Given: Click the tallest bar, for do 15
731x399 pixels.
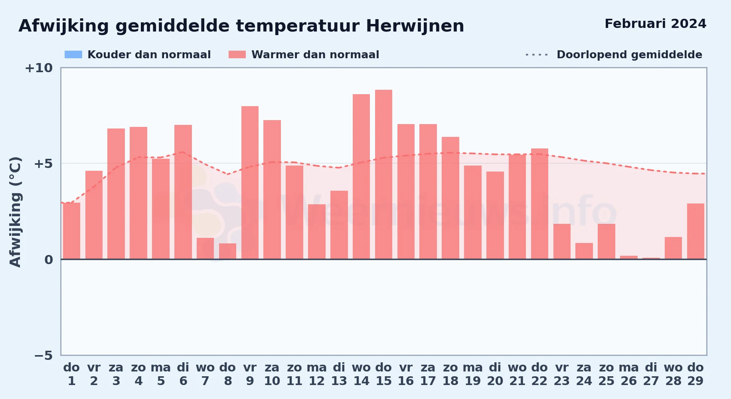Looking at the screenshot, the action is (383, 174).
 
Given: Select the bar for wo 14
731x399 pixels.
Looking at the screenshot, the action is (361, 177).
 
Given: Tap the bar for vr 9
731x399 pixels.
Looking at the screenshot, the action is (250, 183).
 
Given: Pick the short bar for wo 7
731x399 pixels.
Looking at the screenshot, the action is (205, 249).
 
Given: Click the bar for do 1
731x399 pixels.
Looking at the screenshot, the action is (71, 231).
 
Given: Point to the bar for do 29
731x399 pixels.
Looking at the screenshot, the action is (695, 231).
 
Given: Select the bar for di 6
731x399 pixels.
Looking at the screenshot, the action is (183, 192).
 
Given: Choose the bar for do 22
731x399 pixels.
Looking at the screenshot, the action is (539, 204).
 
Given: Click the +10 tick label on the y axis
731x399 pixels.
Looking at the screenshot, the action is (39, 68).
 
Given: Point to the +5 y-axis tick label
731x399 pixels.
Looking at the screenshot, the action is (43, 164).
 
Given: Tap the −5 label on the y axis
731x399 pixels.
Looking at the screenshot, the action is (43, 355).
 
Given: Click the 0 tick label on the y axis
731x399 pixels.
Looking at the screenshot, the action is (49, 260).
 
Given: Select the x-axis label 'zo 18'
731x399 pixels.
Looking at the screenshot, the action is (450, 374).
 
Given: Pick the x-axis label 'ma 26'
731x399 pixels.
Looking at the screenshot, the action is (628, 374).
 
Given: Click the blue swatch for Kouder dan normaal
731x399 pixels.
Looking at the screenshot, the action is (73, 55).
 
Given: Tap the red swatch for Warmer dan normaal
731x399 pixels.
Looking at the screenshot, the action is (237, 55).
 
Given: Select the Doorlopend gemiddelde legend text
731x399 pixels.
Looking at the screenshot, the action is (629, 55).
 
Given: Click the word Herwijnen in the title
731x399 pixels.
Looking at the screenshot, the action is (415, 26).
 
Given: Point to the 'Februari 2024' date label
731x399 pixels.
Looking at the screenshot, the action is (656, 24).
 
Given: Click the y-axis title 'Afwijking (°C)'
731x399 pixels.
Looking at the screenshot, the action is (15, 212).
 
